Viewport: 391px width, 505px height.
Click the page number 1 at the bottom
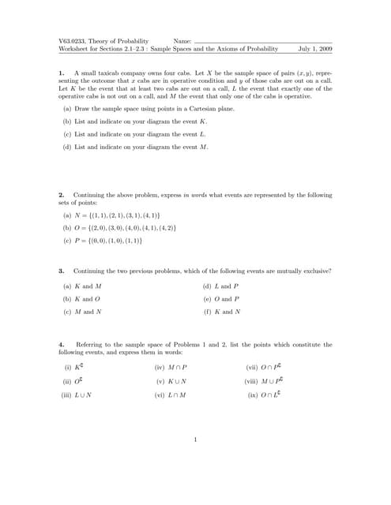[194, 439]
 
